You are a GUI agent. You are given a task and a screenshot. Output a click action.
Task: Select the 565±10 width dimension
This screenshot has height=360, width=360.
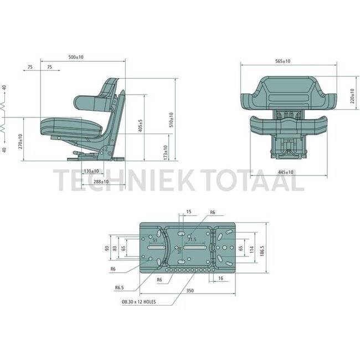point(282,61)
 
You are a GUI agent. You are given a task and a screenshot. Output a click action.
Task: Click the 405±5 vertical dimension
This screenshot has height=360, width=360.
point(141,126)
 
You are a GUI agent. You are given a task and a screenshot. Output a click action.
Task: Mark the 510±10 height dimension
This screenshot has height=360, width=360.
point(171,120)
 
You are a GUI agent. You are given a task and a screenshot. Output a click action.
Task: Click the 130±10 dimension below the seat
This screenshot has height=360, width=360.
point(91,171)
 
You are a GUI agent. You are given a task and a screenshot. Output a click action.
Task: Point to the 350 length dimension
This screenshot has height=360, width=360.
point(190,290)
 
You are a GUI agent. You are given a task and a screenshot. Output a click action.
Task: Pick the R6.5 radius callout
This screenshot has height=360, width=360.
point(119,288)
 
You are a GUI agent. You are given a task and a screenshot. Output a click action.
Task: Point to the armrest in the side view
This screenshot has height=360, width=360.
point(91,102)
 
